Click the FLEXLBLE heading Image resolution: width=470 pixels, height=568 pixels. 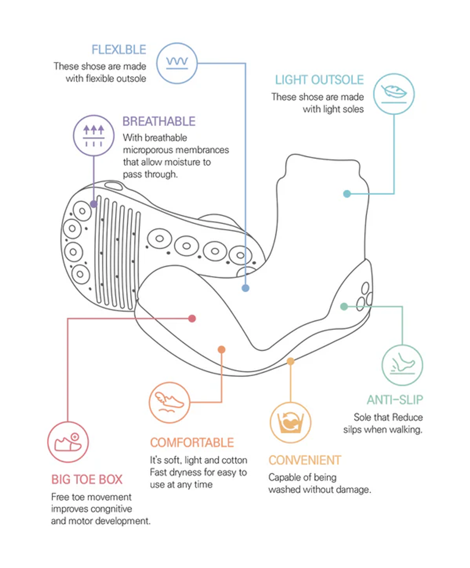(118, 50)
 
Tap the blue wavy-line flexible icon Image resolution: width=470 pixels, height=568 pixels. (177, 63)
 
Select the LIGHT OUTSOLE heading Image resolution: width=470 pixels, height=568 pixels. (319, 80)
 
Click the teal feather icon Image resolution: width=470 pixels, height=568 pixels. (394, 94)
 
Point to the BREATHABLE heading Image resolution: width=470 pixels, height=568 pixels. (159, 121)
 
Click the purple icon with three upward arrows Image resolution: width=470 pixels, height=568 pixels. (94, 135)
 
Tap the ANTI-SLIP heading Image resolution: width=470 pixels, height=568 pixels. (395, 400)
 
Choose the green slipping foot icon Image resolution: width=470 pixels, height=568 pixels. (402, 365)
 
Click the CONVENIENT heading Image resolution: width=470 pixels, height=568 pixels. (305, 460)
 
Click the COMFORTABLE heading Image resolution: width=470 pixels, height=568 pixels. (192, 443)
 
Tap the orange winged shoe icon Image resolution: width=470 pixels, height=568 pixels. (169, 403)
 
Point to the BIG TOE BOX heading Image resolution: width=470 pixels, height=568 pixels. (87, 480)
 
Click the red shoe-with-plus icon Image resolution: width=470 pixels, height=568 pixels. (68, 442)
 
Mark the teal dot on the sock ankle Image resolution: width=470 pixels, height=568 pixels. (347, 194)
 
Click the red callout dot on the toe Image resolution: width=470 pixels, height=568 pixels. (192, 318)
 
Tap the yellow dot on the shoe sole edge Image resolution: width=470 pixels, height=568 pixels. (291, 362)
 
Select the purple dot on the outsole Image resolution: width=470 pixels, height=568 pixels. (94, 204)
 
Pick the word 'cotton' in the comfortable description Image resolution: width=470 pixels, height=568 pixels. (234, 460)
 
